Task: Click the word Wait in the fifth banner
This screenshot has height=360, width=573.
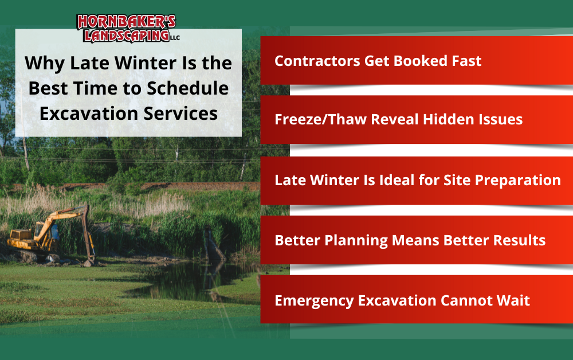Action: point(512,300)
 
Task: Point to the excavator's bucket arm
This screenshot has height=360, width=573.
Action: point(86,235)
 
